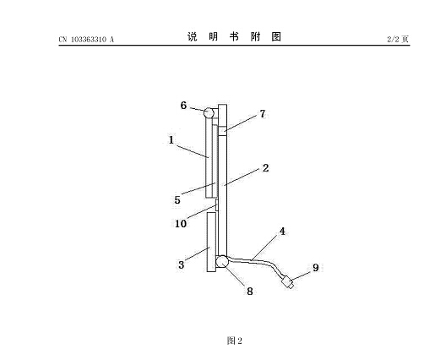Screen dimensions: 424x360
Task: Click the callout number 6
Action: (183, 106)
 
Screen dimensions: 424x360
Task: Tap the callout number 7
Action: (263, 114)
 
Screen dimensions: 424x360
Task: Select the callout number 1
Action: (171, 140)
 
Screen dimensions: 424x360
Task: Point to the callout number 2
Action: (265, 168)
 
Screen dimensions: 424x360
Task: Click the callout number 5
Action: (177, 200)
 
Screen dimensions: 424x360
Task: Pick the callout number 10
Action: (181, 224)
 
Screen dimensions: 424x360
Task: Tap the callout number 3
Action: (181, 265)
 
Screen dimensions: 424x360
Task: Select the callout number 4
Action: (282, 232)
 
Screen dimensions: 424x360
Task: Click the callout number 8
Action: (250, 292)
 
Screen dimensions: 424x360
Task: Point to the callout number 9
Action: (316, 268)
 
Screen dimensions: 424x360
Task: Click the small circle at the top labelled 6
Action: (209, 113)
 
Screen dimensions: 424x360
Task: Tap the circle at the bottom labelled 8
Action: (222, 261)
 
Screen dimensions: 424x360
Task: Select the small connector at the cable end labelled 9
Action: (288, 281)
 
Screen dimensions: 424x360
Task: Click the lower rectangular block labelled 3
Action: (211, 243)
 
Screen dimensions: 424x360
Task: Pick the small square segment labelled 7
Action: (222, 132)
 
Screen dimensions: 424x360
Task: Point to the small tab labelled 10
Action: (217, 205)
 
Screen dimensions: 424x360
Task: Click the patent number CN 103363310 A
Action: (86, 40)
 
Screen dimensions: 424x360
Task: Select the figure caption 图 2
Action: (235, 341)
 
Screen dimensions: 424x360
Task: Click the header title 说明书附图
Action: (234, 36)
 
